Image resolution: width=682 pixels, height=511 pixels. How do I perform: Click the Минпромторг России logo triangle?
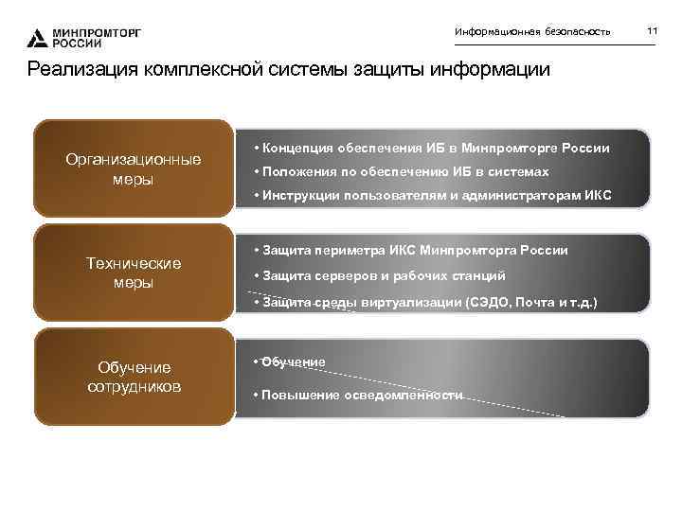point(37,38)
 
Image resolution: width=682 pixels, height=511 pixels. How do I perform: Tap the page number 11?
point(652,32)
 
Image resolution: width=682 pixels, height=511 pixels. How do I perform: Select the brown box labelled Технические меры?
point(133,273)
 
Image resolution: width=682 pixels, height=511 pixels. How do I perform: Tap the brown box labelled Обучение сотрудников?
point(133,377)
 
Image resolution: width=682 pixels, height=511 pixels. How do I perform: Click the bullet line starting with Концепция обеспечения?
point(432,149)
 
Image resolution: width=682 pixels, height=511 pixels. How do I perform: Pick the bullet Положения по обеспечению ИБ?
point(402,171)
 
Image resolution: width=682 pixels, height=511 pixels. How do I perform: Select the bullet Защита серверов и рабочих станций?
point(384,275)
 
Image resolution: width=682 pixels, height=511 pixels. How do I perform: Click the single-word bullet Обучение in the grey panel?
point(294,361)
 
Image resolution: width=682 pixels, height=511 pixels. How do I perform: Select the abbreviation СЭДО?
point(489,301)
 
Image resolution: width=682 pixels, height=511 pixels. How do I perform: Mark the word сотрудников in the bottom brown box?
point(134,386)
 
